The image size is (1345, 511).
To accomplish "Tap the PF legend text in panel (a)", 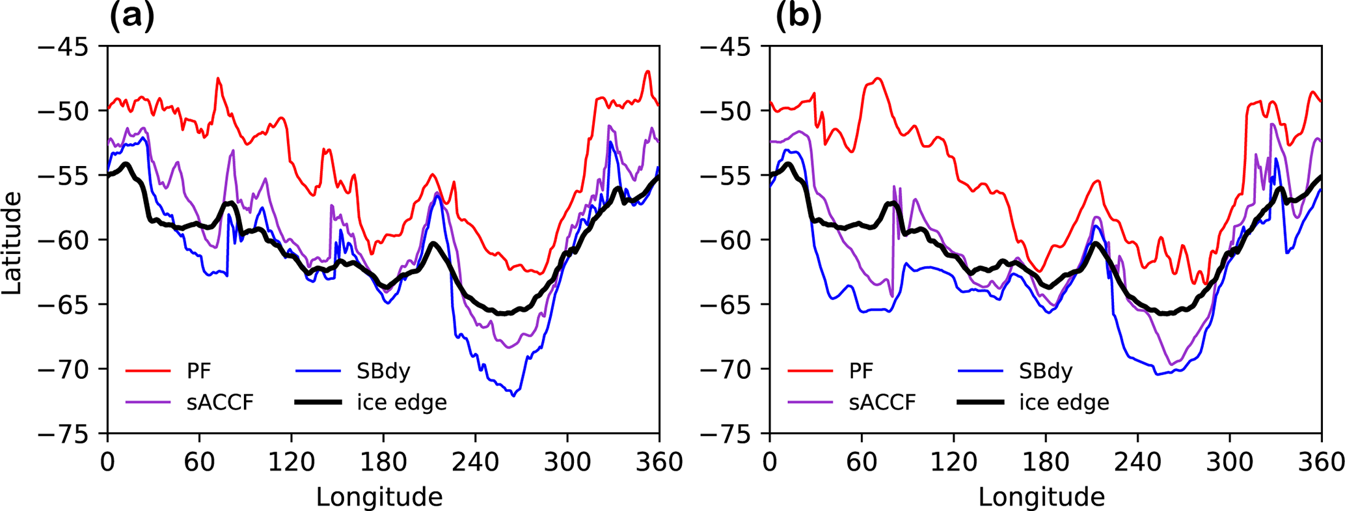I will click(198, 371).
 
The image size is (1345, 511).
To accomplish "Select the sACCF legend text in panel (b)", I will click(882, 402).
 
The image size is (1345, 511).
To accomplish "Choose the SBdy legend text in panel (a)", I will click(383, 371).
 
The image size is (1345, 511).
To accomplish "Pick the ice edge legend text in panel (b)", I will click(1064, 402).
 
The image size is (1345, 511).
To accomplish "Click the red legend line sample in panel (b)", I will click(810, 371).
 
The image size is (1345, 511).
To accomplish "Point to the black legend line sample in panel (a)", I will click(318, 402).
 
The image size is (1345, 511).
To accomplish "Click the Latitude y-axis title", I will click(12, 242).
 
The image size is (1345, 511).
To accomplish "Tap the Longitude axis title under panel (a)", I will click(379, 497).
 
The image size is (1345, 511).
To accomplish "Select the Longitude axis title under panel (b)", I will click(1042, 497).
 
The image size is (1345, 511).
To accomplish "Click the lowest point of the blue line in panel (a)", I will click(513, 396).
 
